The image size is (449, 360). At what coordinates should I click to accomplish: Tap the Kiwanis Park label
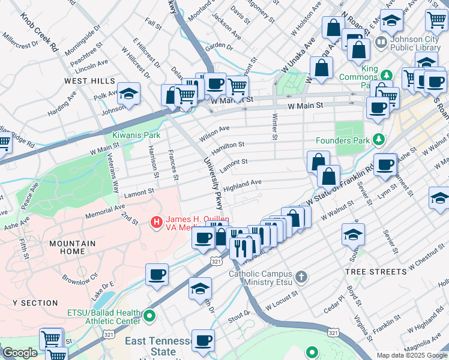[136, 136]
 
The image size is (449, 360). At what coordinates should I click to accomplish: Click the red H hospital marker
[157, 223]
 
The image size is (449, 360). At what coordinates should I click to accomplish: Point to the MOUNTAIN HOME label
[73, 247]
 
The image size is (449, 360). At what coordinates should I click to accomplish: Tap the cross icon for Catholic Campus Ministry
[301, 276]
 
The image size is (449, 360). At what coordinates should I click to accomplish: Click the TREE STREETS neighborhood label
[376, 271]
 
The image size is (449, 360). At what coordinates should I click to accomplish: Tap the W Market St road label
[231, 100]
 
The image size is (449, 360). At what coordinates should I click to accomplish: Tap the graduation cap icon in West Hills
[128, 94]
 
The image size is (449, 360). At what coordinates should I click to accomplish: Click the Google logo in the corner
[19, 353]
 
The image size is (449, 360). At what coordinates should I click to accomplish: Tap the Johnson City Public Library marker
[380, 43]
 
